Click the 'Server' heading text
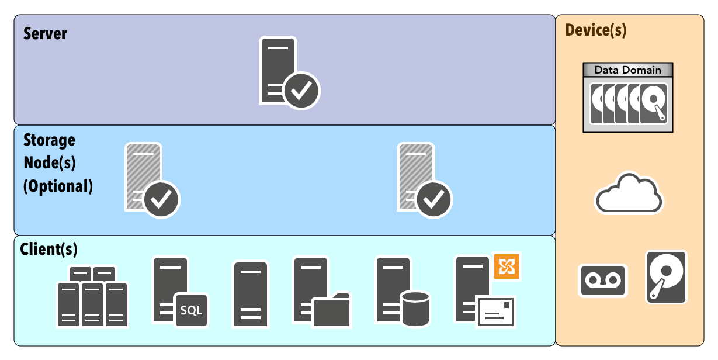[45, 33]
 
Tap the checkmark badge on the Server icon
[302, 91]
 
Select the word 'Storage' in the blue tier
[50, 140]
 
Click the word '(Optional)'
[58, 186]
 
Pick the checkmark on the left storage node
[161, 199]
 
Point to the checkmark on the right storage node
[433, 199]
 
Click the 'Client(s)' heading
[48, 250]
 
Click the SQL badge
[191, 310]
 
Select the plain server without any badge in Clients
[251, 294]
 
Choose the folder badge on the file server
[331, 311]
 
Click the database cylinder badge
[415, 309]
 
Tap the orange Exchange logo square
[506, 266]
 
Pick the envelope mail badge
[495, 312]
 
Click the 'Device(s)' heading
[595, 30]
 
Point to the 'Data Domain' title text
[627, 70]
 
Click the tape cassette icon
[603, 281]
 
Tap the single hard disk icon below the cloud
[666, 277]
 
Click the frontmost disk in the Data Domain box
[654, 103]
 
